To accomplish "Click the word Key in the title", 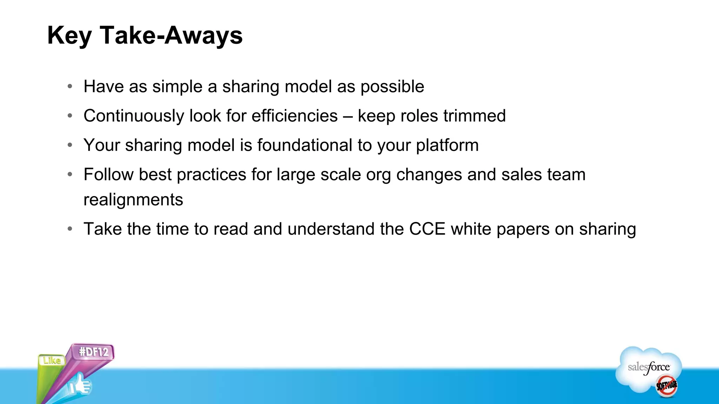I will [70, 36].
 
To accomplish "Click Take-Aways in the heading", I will [171, 36].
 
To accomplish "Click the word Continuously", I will [134, 116].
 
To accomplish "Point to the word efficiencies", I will [295, 116].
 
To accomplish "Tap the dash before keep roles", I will [348, 116].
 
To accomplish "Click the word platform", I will [447, 145].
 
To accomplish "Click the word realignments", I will [133, 200].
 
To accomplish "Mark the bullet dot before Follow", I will [70, 174].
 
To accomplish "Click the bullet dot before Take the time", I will [70, 229].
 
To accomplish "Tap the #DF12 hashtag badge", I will [94, 352].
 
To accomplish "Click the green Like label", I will [52, 360].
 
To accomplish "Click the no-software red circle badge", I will [666, 386].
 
